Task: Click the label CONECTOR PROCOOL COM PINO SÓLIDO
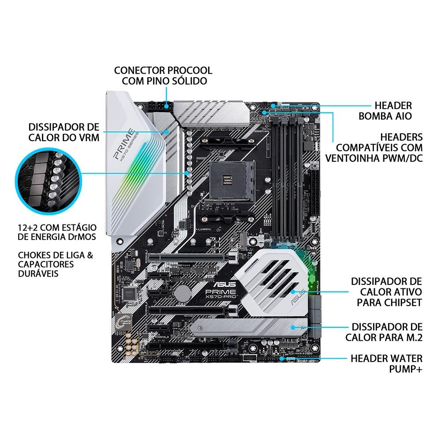point(163,76)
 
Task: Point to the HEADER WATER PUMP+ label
point(386,363)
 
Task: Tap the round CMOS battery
point(182,292)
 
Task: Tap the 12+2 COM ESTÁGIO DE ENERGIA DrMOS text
point(57,232)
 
